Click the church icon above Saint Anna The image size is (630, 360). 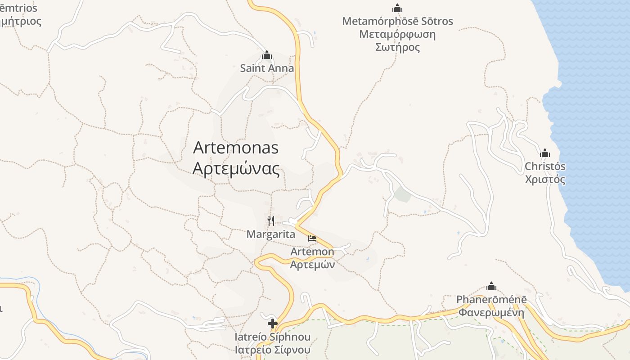(267, 55)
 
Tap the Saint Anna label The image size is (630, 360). (267, 68)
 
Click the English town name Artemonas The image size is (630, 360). (236, 148)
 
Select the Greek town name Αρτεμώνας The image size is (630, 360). (236, 169)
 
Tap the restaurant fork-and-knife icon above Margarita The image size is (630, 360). (271, 220)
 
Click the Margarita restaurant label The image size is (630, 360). (271, 234)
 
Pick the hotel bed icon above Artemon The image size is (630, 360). (312, 238)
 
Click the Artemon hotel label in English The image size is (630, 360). (312, 252)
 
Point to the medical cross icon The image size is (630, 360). (272, 323)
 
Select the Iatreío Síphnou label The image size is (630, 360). (273, 337)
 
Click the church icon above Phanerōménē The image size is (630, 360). (491, 286)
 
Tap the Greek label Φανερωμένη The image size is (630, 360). (491, 312)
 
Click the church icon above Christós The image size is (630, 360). (545, 153)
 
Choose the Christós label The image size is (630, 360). (545, 166)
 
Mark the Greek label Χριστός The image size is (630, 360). (545, 180)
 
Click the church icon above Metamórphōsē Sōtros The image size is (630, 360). (397, 8)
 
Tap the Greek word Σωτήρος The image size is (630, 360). (397, 47)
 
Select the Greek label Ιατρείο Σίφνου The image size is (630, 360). (273, 350)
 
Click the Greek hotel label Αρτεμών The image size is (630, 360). (312, 265)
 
